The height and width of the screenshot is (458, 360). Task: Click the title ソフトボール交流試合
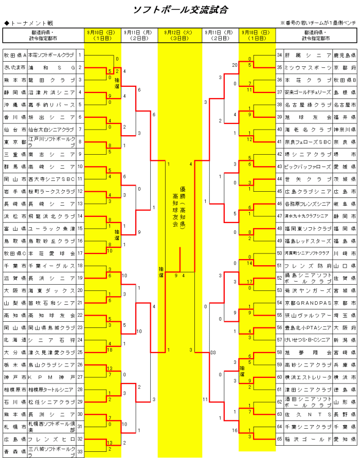tap(180, 10)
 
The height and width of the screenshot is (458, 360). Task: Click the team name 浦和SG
tap(52, 67)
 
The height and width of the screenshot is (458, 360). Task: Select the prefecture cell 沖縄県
tap(14, 104)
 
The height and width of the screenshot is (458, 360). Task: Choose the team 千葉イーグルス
tap(52, 266)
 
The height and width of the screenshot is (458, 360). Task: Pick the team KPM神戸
tap(52, 377)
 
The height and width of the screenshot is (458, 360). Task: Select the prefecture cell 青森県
tap(14, 451)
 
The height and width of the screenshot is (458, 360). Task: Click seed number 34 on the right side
tap(279, 55)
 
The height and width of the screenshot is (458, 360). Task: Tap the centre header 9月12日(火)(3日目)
tap(180, 35)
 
